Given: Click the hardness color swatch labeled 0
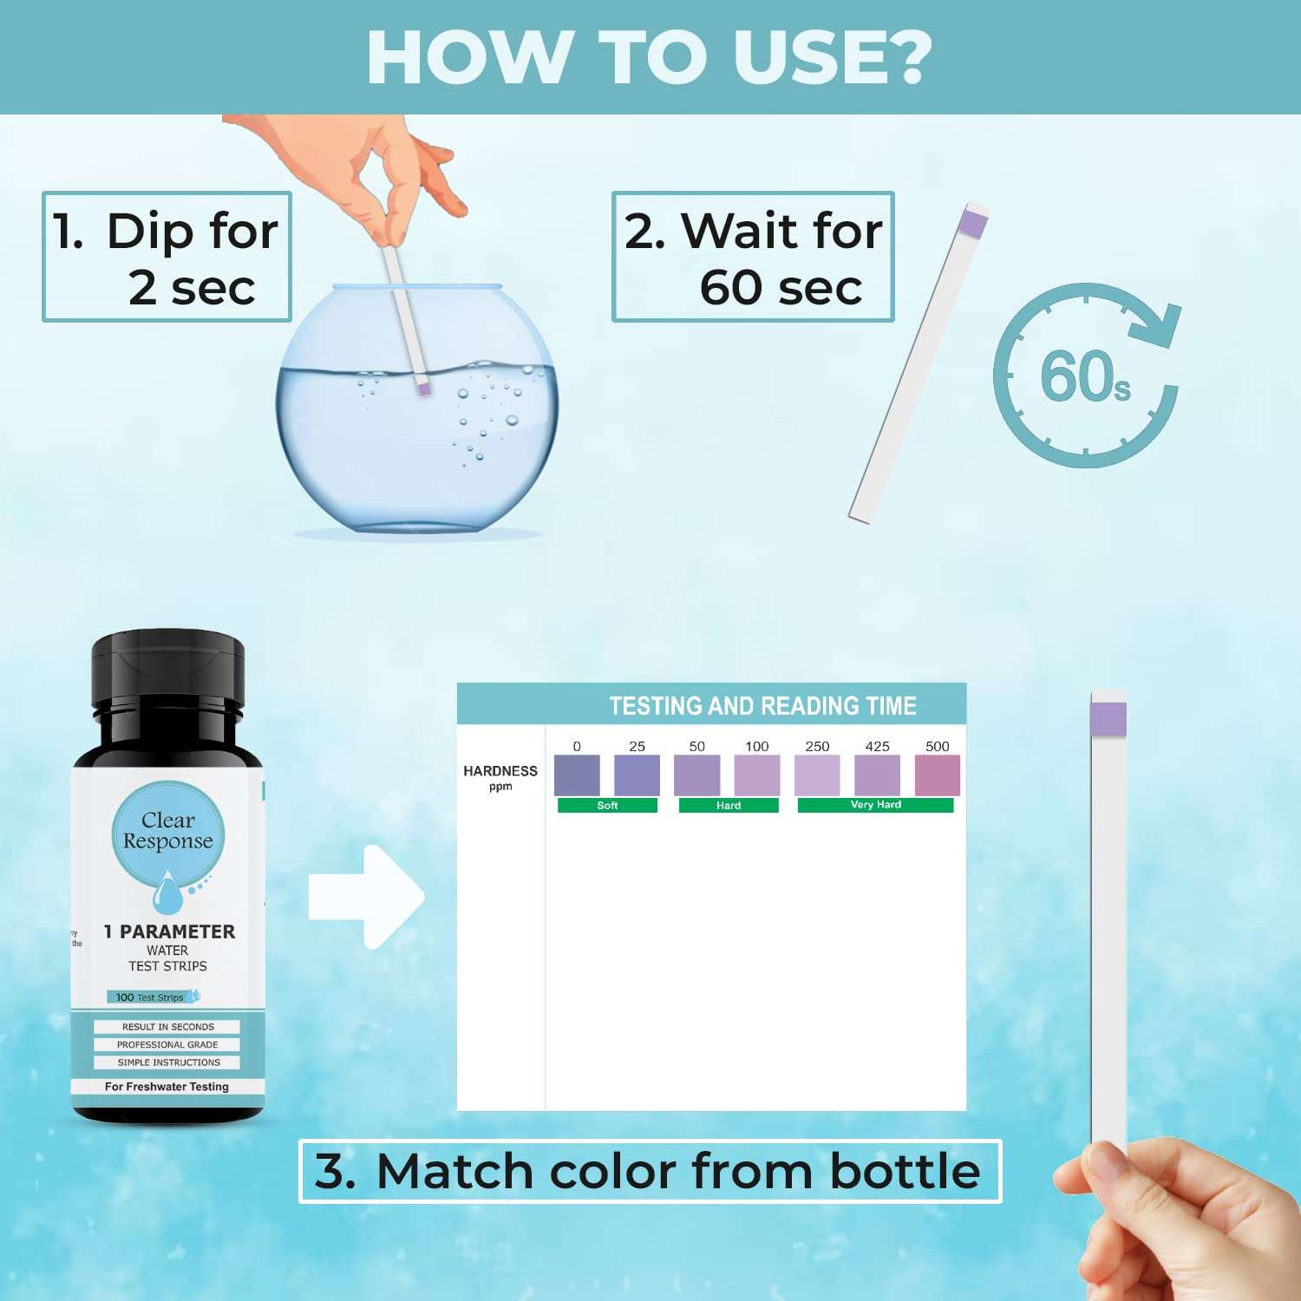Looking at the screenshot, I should (577, 775).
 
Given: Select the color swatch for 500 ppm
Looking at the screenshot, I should (938, 775).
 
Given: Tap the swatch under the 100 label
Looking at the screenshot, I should (757, 775).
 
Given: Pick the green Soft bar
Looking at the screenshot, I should (607, 806).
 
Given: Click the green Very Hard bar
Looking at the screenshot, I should (875, 806).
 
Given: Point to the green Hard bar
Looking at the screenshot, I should (729, 806).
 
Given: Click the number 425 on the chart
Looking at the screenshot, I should (877, 746).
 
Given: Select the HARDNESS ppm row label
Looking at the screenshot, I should (500, 777).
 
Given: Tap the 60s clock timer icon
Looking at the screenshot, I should (1086, 376).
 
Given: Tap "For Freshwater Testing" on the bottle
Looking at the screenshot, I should (167, 1087).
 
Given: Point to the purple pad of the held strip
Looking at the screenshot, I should (1108, 719).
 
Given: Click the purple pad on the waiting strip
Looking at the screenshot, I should (974, 224).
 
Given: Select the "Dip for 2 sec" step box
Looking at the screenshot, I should (167, 257).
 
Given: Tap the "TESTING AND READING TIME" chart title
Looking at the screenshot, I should (762, 706).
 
